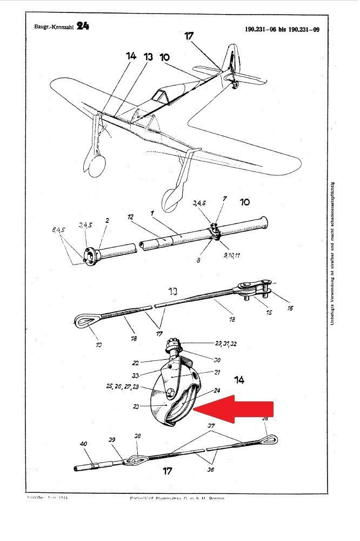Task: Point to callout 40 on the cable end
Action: point(83,444)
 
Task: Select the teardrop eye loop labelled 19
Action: point(83,322)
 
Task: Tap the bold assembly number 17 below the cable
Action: point(168,471)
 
